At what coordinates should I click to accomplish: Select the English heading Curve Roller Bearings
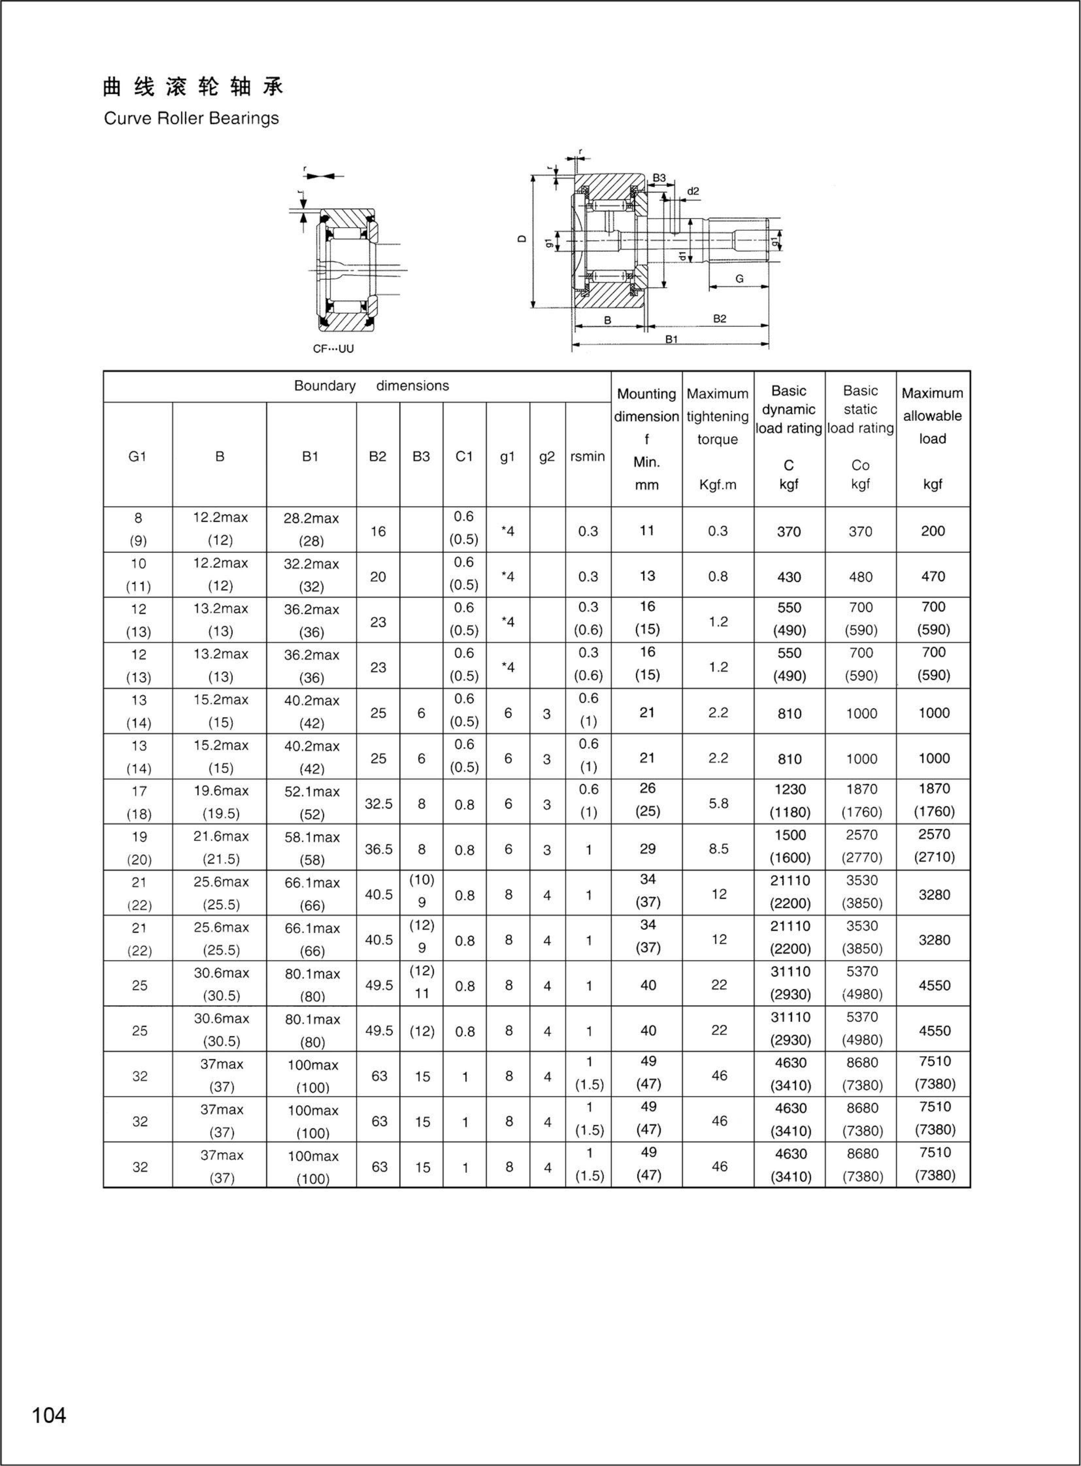coord(191,118)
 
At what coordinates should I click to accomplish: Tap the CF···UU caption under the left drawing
coord(333,349)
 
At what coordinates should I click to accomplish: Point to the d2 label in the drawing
coord(693,191)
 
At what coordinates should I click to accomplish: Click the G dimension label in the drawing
coord(740,279)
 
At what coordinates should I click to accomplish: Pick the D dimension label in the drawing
coord(522,239)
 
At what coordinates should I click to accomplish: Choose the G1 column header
coord(138,457)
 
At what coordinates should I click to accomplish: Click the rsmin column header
coord(588,457)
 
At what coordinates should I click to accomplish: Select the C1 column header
coord(464,457)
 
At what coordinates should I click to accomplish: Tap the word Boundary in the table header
coord(324,386)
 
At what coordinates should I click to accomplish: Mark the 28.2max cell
coord(311,518)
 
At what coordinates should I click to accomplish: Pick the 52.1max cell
coord(311,791)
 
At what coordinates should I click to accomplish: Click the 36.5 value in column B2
coord(378,849)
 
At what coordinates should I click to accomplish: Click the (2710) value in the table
coord(934,857)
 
